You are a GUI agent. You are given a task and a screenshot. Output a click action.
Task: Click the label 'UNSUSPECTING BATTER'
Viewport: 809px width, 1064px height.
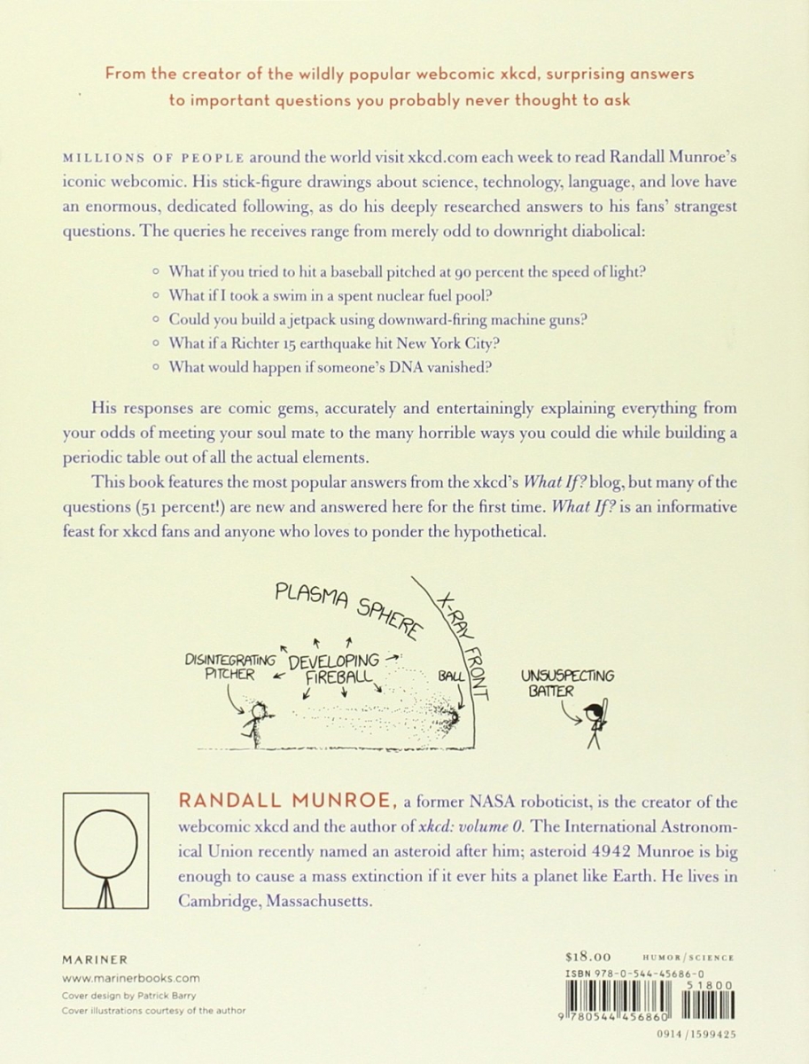[x=566, y=683]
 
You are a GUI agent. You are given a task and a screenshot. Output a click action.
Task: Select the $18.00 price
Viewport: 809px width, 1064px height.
[x=588, y=957]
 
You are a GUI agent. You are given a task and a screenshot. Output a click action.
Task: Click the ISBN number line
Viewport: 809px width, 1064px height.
[x=634, y=974]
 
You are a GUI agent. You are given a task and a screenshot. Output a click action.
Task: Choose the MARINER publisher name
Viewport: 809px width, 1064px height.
[x=94, y=959]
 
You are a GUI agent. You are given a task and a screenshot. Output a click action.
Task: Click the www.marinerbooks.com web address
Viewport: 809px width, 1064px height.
[x=130, y=978]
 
